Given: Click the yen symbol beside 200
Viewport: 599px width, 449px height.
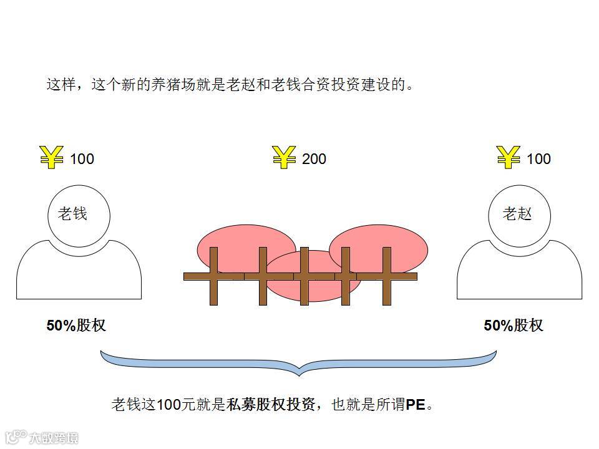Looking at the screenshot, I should [x=284, y=158].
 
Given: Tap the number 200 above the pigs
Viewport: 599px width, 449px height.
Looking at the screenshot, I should [x=314, y=159].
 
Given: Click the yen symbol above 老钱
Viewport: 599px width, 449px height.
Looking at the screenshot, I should [x=51, y=158].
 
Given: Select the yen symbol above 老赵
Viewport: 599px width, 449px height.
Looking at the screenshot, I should [x=509, y=158].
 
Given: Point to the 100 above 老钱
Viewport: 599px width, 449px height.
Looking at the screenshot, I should [x=82, y=159].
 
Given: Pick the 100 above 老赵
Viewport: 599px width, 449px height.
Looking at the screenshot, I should [x=538, y=159].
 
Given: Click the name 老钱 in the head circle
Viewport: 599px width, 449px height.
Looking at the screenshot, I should [x=72, y=214].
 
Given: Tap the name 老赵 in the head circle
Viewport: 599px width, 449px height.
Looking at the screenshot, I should [x=517, y=214].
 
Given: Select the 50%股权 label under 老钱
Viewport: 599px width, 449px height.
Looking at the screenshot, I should [x=76, y=326].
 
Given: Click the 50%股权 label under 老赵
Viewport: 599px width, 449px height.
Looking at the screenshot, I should [x=514, y=326].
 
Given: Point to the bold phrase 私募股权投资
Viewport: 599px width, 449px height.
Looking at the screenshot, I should [x=271, y=405].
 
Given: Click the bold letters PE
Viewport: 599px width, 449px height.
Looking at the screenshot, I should [x=415, y=405].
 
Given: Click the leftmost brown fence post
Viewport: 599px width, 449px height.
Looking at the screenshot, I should [x=214, y=276].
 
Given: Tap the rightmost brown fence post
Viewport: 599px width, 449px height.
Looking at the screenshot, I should [x=387, y=276].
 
